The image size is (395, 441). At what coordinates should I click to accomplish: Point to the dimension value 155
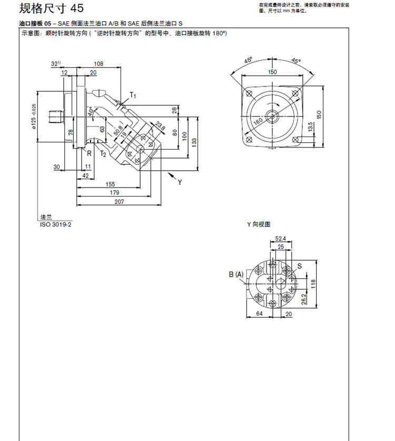tap(110, 184)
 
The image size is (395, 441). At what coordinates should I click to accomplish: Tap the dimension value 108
tap(98, 64)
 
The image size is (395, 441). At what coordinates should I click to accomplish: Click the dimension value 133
tap(195, 141)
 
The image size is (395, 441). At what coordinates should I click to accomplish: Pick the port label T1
tap(133, 96)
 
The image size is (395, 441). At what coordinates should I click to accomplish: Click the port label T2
tap(104, 154)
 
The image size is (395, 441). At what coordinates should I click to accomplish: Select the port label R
tap(89, 154)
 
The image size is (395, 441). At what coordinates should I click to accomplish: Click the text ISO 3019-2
tap(56, 224)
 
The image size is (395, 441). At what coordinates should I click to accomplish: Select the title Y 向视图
tap(258, 224)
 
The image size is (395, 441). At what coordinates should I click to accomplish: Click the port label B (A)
tap(236, 274)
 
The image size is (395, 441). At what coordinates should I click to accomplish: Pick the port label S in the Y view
tap(299, 267)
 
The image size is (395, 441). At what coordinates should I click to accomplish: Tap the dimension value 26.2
tap(304, 299)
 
